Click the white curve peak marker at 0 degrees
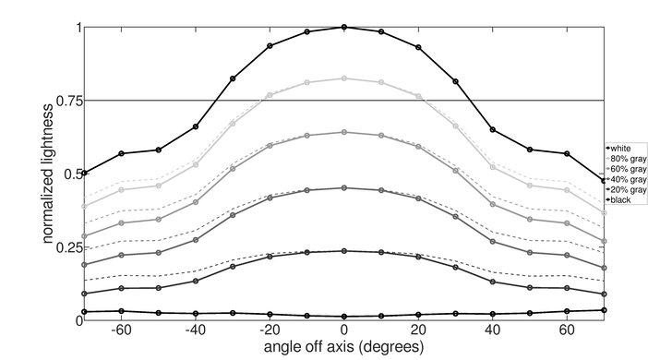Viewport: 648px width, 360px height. click(344, 27)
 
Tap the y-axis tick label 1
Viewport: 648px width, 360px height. click(76, 28)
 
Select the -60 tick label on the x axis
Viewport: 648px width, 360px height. click(119, 330)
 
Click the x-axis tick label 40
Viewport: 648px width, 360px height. click(493, 330)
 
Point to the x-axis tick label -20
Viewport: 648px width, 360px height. click(268, 330)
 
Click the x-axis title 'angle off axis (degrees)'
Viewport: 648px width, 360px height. click(344, 348)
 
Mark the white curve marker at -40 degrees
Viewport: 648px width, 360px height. click(195, 126)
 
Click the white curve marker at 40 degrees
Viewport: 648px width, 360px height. click(493, 129)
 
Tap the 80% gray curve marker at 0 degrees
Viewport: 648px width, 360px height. click(344, 78)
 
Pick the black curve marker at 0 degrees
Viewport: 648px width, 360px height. click(344, 317)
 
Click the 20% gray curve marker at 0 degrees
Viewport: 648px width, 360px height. click(344, 250)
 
